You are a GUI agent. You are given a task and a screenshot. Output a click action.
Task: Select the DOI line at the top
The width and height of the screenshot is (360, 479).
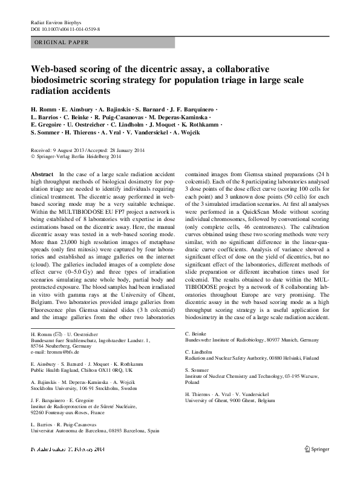point(60,28)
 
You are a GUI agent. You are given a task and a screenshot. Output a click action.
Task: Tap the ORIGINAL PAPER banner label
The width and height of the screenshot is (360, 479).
point(61,42)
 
